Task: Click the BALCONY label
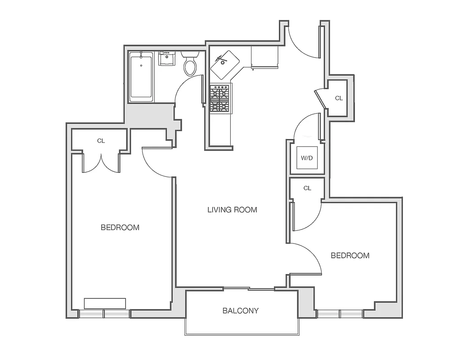pyautogui.click(x=240, y=310)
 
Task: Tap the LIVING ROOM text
pyautogui.click(x=232, y=209)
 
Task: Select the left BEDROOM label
pyautogui.click(x=120, y=227)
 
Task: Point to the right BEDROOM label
pyautogui.click(x=350, y=256)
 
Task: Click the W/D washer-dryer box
pyautogui.click(x=307, y=158)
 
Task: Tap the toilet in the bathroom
pyautogui.click(x=190, y=65)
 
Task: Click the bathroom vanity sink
pyautogui.click(x=167, y=59)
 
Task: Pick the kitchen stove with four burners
pyautogui.click(x=220, y=99)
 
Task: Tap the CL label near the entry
pyautogui.click(x=339, y=98)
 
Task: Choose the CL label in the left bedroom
pyautogui.click(x=101, y=141)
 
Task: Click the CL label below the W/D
pyautogui.click(x=307, y=188)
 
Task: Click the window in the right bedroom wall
pyautogui.click(x=340, y=314)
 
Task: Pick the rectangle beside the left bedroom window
pyautogui.click(x=105, y=303)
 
